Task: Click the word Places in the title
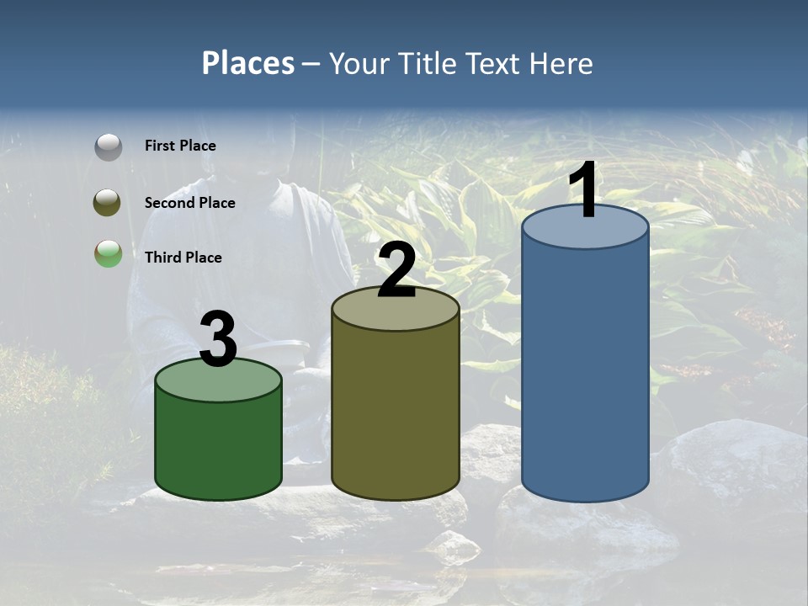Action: point(248,63)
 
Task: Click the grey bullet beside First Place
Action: point(108,146)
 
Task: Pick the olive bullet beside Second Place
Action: point(108,203)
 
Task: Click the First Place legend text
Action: point(180,146)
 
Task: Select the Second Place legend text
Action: point(189,203)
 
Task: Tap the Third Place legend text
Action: point(183,258)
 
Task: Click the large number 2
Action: point(397,271)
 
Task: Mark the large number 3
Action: point(219,339)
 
